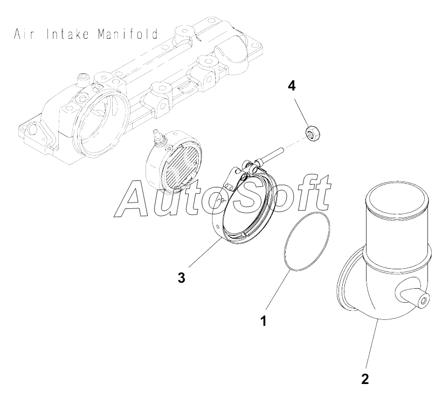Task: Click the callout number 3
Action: (182, 277)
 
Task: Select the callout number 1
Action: (264, 322)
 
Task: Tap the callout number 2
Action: (365, 379)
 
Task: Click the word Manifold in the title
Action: (128, 35)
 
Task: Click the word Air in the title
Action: (24, 35)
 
